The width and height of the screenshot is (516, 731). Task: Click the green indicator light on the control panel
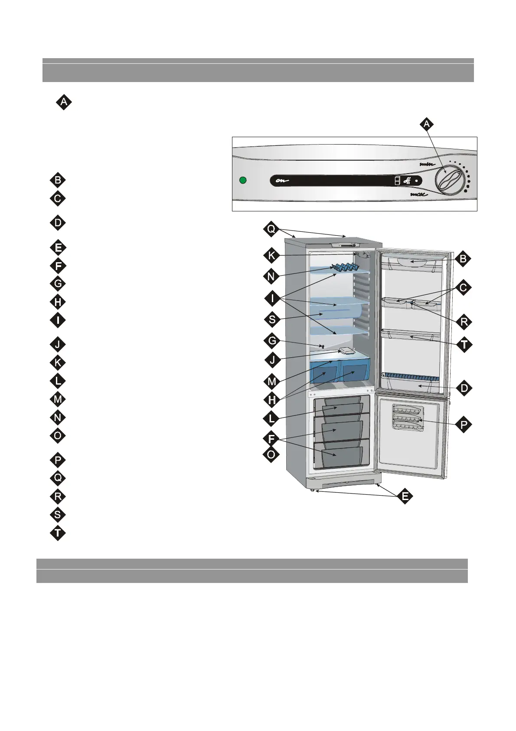point(243,180)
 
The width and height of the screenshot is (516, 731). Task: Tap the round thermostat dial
point(448,181)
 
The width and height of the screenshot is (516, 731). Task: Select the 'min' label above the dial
point(427,165)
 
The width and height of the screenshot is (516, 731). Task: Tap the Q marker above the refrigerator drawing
point(271,230)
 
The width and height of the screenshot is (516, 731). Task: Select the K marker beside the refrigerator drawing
point(271,256)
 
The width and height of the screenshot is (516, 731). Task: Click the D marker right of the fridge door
point(464,388)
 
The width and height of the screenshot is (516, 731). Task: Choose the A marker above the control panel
point(427,124)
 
